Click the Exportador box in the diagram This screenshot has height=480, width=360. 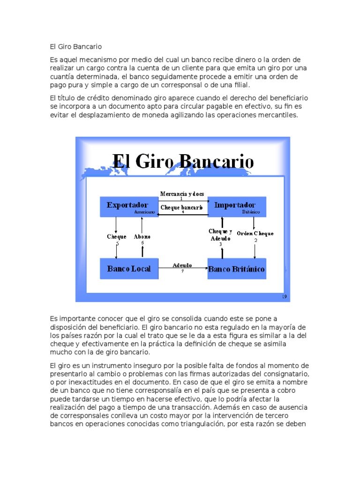pyautogui.click(x=129, y=207)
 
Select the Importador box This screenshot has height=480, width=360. pyautogui.click(x=237, y=207)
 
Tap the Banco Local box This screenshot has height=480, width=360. pyautogui.click(x=129, y=269)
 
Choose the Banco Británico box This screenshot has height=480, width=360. pyautogui.click(x=237, y=269)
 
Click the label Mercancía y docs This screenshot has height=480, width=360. pyautogui.click(x=182, y=194)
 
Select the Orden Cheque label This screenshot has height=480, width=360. pyautogui.click(x=255, y=233)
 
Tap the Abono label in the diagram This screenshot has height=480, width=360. pyautogui.click(x=142, y=237)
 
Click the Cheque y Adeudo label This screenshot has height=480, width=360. pyautogui.click(x=220, y=234)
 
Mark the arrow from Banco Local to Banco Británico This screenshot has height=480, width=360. pyautogui.click(x=183, y=269)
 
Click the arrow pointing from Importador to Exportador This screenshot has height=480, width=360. pyautogui.click(x=183, y=214)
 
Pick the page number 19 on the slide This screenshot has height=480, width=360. pyautogui.click(x=284, y=296)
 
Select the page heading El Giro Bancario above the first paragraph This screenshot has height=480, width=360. pyautogui.click(x=75, y=47)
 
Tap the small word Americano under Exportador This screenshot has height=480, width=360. pyautogui.click(x=144, y=212)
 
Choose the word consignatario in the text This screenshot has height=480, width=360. pyautogui.click(x=285, y=374)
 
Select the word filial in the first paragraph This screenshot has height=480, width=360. pyautogui.click(x=240, y=85)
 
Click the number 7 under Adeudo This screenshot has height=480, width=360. pyautogui.click(x=182, y=271)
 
